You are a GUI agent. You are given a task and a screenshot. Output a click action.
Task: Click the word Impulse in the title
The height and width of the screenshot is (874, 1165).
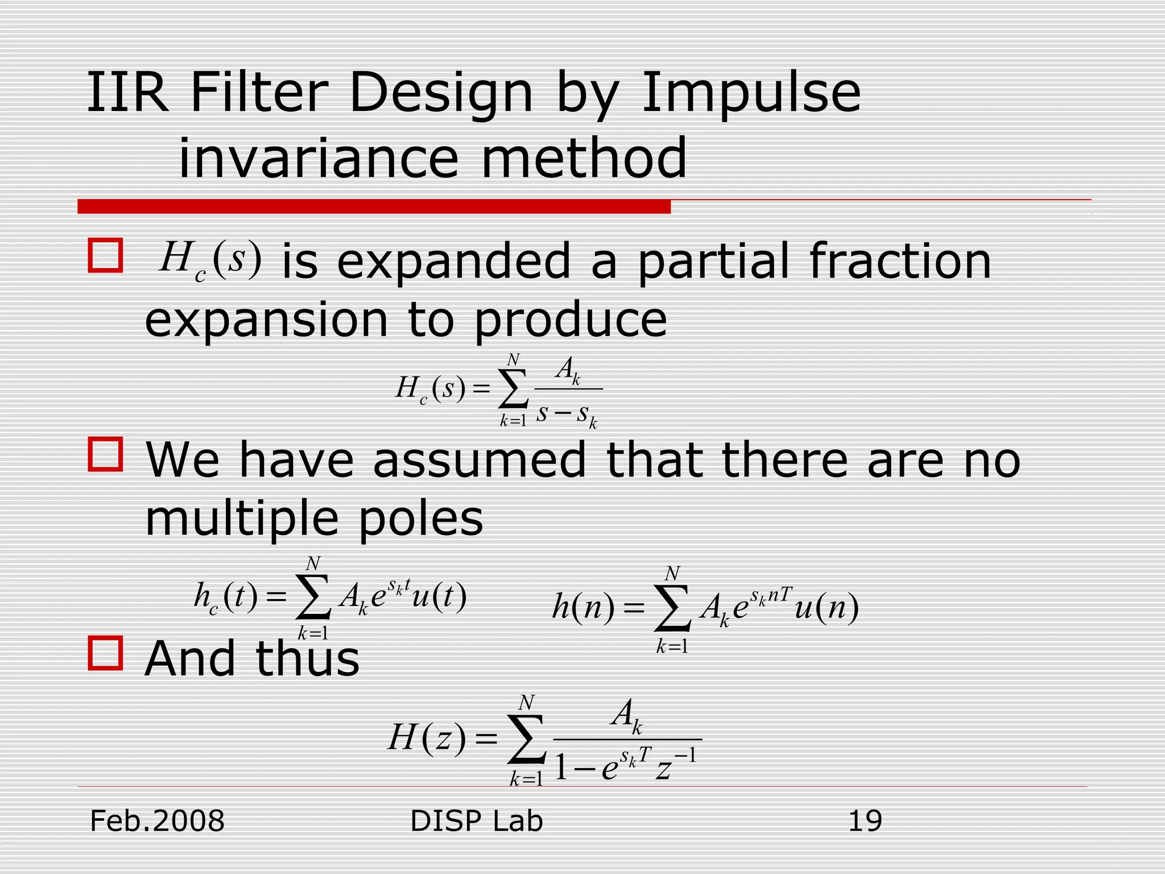(x=751, y=93)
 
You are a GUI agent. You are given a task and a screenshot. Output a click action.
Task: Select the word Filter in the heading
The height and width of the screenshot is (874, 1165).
(x=259, y=93)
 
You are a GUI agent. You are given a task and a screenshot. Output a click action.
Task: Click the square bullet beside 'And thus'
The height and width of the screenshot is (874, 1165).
(x=106, y=653)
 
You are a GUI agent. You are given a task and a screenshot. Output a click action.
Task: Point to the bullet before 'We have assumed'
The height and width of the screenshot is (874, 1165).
(x=106, y=454)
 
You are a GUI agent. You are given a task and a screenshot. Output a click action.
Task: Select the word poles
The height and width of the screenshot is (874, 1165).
(x=420, y=519)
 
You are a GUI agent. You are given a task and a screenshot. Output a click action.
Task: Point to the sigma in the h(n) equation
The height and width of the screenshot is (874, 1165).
(x=672, y=608)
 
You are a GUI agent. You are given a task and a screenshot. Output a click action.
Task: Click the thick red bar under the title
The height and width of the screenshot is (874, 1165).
(x=374, y=207)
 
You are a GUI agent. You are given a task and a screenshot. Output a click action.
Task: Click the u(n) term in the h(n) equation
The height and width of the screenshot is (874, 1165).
(x=827, y=608)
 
